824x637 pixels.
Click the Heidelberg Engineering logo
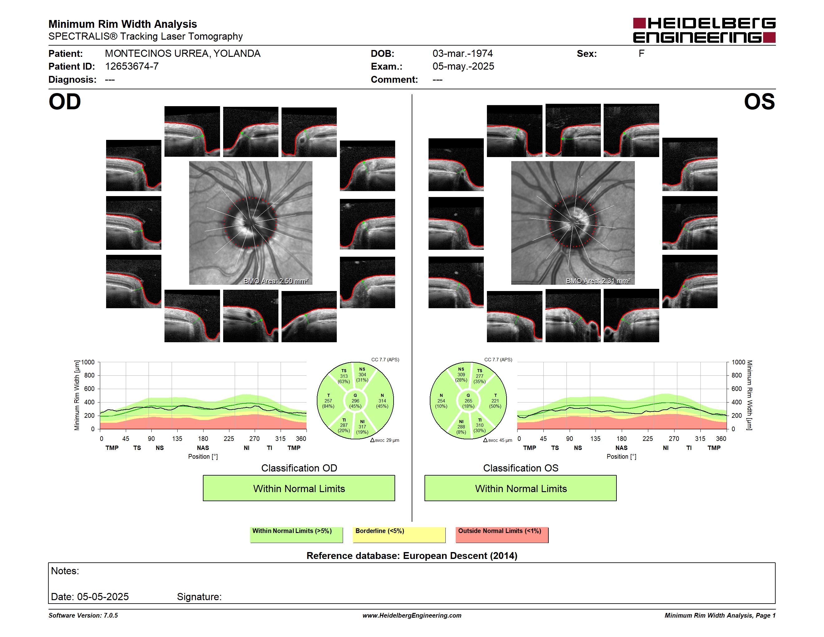[x=704, y=30]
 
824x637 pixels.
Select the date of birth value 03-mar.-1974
[x=462, y=54]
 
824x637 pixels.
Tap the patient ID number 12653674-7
[x=132, y=67]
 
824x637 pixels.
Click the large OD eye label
[x=65, y=101]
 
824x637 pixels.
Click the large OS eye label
[x=759, y=101]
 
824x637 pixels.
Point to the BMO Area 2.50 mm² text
[x=276, y=281]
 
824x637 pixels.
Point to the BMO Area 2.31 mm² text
[x=598, y=281]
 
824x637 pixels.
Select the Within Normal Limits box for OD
[x=299, y=488]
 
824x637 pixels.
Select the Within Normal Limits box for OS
[x=521, y=488]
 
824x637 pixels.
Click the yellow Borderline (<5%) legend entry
[x=399, y=535]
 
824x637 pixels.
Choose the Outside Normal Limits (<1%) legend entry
[x=502, y=535]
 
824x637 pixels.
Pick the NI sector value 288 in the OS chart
[x=461, y=427]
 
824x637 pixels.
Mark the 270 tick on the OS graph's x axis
[x=674, y=438]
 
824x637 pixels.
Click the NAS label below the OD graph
[x=203, y=448]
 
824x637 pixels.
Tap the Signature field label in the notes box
[x=199, y=597]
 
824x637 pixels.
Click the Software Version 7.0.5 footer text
[x=83, y=615]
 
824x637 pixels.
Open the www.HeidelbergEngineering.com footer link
[x=412, y=615]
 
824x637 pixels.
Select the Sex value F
[x=641, y=54]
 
